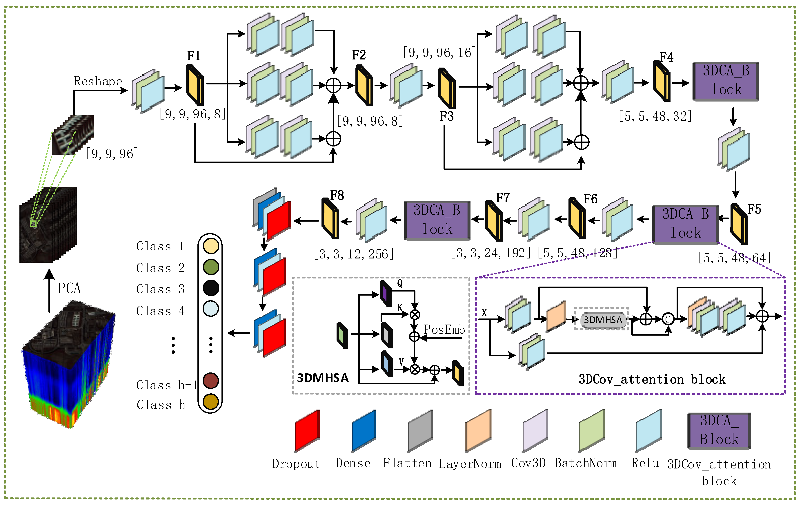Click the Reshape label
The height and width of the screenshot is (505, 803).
tap(98, 81)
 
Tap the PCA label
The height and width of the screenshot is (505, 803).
tap(69, 288)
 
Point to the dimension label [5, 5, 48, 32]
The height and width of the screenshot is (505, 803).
tap(655, 116)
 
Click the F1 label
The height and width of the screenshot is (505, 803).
tap(194, 56)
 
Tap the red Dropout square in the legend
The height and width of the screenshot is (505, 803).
tap(307, 430)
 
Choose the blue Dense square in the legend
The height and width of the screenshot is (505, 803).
tap(364, 430)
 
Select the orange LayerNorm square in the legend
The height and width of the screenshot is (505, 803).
tap(478, 430)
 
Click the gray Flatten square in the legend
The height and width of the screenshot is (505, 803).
tap(421, 430)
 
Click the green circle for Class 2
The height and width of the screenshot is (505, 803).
tap(211, 267)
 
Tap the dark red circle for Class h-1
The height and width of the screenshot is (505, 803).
tap(211, 381)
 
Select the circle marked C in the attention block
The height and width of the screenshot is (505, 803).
tap(668, 319)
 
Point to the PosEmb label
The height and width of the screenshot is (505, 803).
tap(444, 330)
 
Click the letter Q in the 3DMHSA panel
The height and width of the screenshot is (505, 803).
tap(400, 283)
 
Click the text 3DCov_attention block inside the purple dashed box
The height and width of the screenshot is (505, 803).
tap(652, 379)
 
